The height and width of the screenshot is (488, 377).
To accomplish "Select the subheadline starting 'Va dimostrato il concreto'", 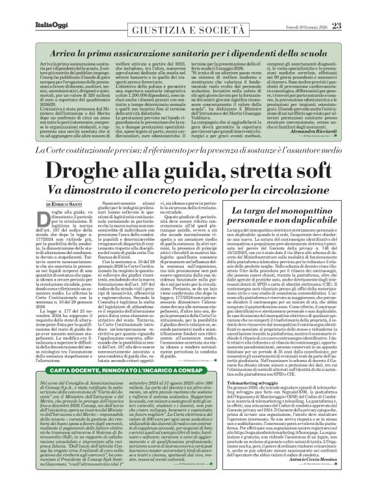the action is tap(188, 190).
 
